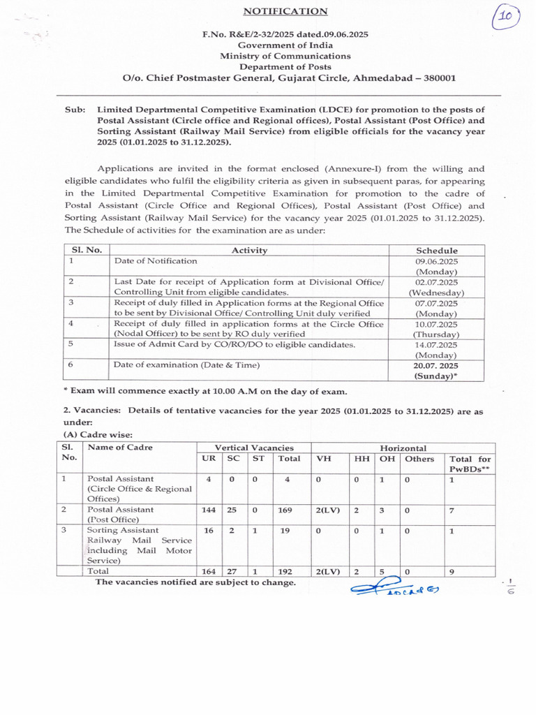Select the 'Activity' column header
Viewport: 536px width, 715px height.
click(249, 250)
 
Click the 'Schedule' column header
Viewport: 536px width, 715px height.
click(436, 250)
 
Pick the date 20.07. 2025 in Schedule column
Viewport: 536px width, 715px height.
click(436, 365)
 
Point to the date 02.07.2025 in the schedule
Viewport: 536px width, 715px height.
click(436, 282)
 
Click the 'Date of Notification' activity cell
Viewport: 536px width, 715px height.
click(156, 260)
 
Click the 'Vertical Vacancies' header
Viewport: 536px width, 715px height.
click(253, 448)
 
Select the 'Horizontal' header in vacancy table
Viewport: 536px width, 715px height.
click(403, 448)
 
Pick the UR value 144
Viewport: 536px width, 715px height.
click(209, 510)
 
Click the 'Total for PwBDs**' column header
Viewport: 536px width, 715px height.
click(470, 464)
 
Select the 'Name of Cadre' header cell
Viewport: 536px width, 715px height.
click(120, 448)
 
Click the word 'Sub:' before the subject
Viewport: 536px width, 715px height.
click(75, 110)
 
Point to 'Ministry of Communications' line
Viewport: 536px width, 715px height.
click(285, 56)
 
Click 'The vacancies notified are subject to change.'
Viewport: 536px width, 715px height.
click(195, 582)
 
